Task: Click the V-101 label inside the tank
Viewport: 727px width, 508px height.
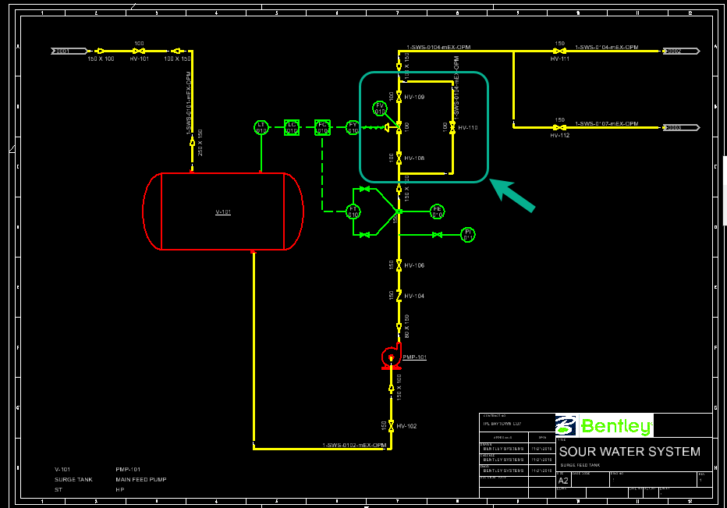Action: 223,211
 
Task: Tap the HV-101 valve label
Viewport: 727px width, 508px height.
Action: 139,59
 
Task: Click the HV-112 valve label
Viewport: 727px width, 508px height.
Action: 559,135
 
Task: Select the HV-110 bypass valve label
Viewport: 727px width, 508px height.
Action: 467,127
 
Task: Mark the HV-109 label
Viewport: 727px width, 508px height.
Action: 414,97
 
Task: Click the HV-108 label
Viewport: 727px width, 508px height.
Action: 414,158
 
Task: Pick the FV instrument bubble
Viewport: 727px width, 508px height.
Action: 381,108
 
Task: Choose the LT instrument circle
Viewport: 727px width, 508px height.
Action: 261,127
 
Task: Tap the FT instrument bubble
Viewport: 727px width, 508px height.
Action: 353,211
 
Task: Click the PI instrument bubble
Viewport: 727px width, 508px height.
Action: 468,234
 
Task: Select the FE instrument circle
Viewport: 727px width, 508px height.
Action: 437,211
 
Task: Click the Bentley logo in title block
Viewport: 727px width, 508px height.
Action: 605,426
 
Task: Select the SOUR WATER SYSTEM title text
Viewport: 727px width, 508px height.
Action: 629,451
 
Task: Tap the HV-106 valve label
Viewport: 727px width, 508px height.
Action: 414,265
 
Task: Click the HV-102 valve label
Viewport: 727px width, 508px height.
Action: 406,426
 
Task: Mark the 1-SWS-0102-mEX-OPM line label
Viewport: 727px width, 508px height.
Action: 354,446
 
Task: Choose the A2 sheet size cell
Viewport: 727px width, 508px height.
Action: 563,481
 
